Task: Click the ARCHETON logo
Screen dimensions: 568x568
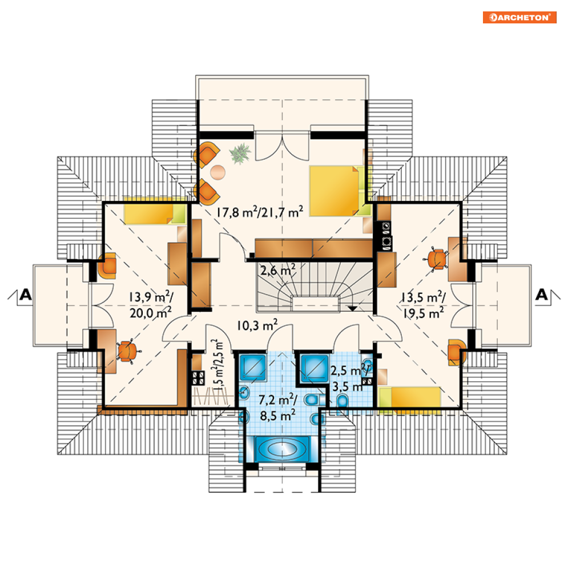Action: tap(519, 17)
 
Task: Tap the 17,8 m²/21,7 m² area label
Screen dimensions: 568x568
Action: tap(260, 212)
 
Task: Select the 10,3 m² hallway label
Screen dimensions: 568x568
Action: tap(257, 325)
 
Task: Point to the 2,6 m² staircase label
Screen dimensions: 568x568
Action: tap(278, 270)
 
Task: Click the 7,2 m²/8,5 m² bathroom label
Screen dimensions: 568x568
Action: tap(278, 408)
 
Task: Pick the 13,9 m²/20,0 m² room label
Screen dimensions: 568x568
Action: tap(151, 305)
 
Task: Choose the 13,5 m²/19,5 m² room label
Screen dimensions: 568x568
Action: tap(423, 305)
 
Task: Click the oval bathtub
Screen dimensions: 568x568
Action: tap(282, 449)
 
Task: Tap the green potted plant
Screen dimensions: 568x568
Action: tap(240, 153)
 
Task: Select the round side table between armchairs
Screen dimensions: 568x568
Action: tap(217, 172)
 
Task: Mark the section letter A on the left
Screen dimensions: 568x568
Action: tap(25, 295)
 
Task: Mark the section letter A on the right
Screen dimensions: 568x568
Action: tap(542, 295)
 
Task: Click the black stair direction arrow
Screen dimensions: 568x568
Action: tap(352, 309)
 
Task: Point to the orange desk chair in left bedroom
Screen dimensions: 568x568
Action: tap(127, 351)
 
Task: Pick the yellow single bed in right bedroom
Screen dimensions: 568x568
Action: tap(409, 397)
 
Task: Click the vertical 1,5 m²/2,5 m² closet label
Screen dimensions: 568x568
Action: tap(218, 365)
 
